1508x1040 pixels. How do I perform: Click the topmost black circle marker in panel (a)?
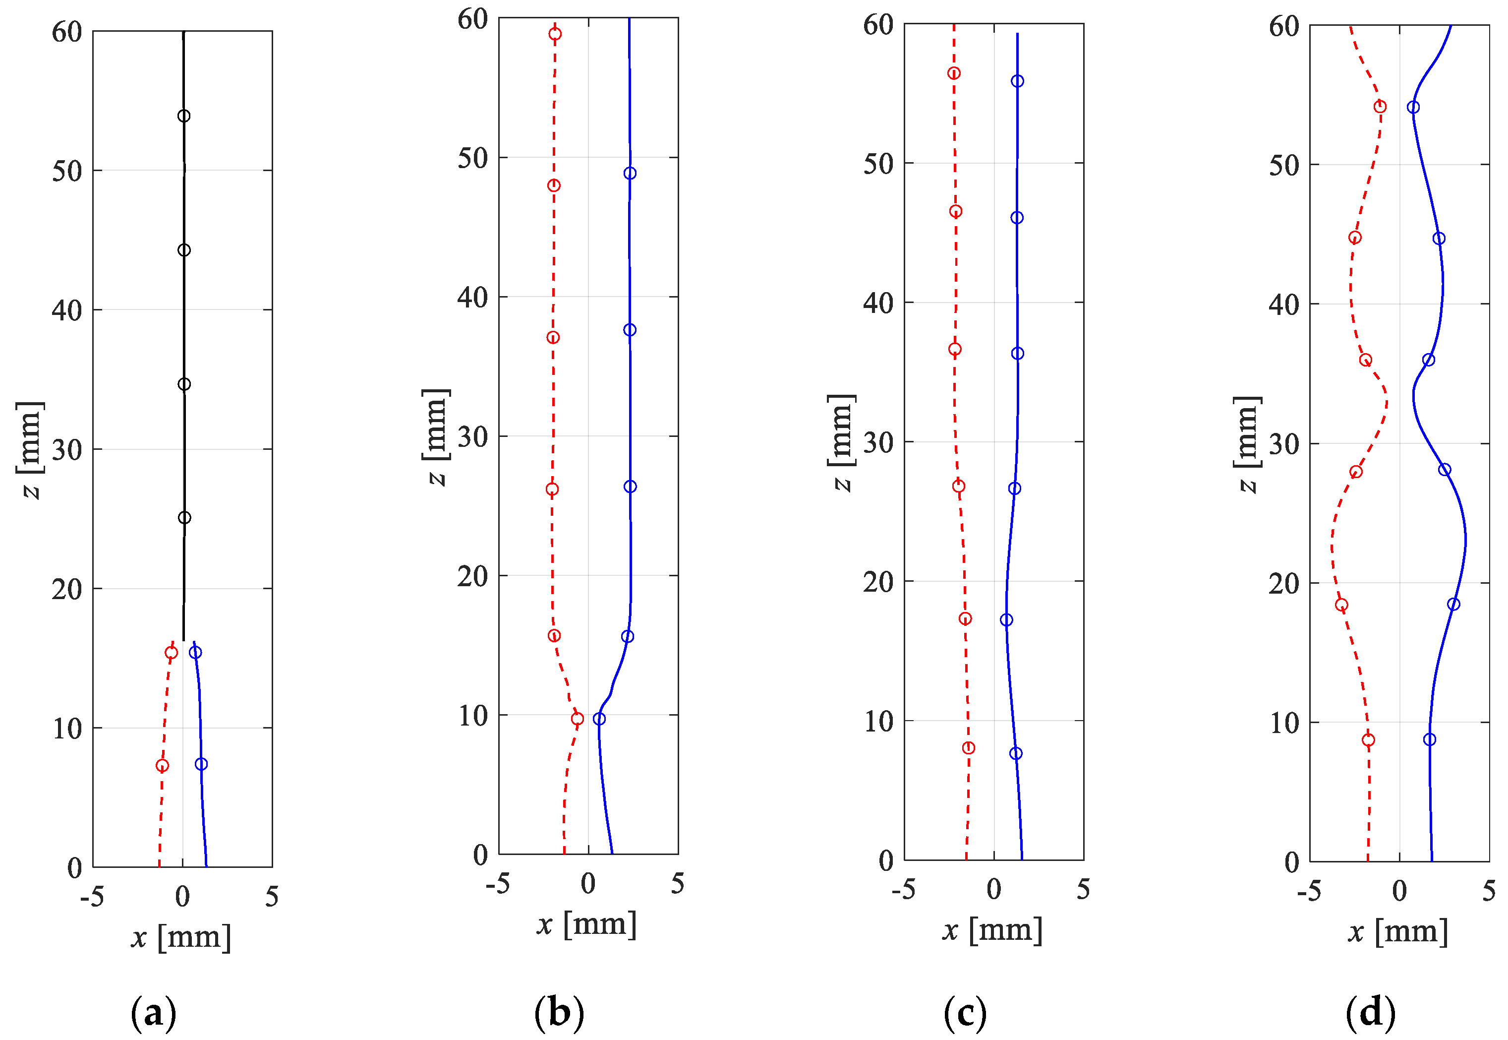(184, 116)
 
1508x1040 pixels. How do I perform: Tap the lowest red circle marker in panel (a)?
(162, 766)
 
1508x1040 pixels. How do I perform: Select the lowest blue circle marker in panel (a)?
(201, 764)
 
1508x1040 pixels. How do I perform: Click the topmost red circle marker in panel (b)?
(555, 34)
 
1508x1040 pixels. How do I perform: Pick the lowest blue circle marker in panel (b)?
(599, 719)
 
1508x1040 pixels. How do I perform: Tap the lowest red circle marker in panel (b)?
(577, 719)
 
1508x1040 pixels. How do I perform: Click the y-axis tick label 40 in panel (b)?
(473, 297)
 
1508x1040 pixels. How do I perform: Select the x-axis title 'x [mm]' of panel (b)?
(586, 924)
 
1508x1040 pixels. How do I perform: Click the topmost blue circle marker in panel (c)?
(1018, 81)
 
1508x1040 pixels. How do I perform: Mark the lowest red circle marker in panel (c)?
(969, 748)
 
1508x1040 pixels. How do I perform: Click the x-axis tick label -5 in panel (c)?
(904, 889)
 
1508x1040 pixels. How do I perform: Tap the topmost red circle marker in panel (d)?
(1380, 107)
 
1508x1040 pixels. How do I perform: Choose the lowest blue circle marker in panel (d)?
(1430, 739)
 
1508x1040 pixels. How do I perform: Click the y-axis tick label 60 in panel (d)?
(1284, 27)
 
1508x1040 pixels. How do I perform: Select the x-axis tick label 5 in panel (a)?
(272, 897)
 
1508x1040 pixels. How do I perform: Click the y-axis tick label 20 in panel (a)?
(67, 589)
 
